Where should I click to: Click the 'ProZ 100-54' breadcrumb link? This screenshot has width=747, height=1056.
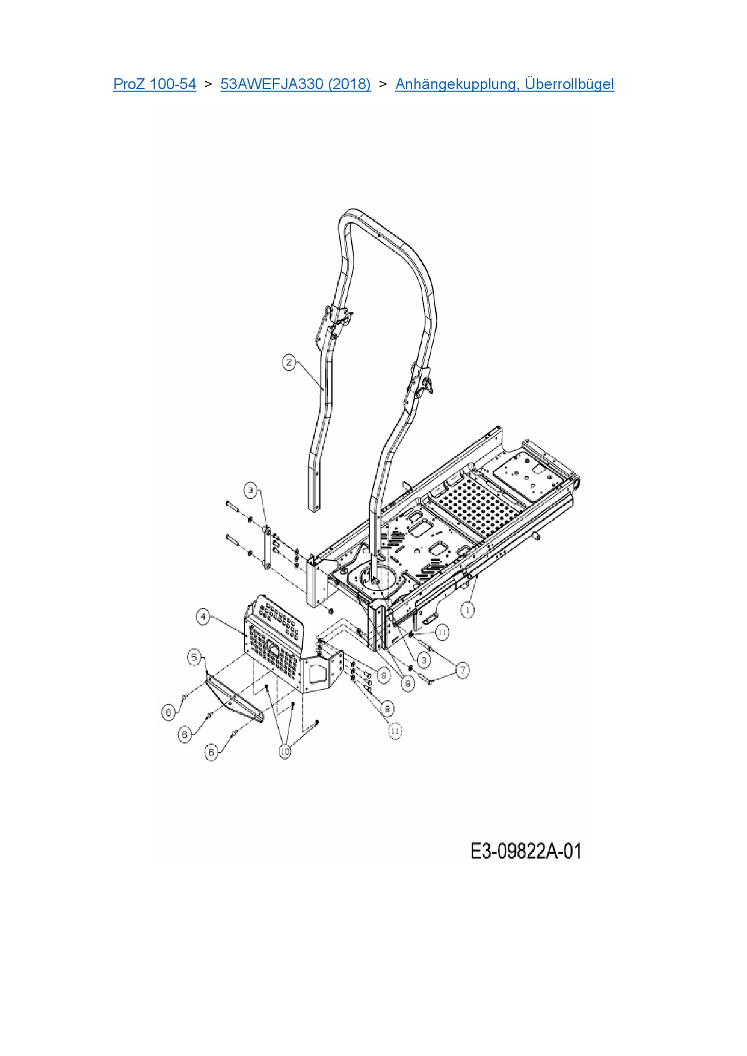pyautogui.click(x=154, y=84)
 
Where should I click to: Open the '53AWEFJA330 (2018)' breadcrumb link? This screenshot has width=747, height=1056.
pyautogui.click(x=295, y=84)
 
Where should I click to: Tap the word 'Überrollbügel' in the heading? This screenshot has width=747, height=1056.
pyautogui.click(x=569, y=84)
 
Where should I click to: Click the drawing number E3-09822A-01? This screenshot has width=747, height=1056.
pyautogui.click(x=525, y=851)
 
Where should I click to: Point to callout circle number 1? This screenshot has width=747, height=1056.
pyautogui.click(x=467, y=610)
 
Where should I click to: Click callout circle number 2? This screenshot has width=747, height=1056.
pyautogui.click(x=289, y=362)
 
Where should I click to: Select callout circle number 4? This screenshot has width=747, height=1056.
pyautogui.click(x=204, y=617)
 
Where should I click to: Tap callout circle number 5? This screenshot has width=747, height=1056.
pyautogui.click(x=194, y=657)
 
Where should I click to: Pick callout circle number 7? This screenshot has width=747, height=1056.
pyautogui.click(x=463, y=669)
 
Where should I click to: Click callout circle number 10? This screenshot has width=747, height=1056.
pyautogui.click(x=285, y=751)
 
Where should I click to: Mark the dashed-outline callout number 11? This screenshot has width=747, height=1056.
pyautogui.click(x=395, y=731)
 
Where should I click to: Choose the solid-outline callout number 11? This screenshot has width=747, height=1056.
pyautogui.click(x=442, y=632)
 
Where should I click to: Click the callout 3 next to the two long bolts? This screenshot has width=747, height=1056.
pyautogui.click(x=251, y=490)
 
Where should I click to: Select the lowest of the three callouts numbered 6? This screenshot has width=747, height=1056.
pyautogui.click(x=211, y=752)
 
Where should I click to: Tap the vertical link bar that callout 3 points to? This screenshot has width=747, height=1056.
pyautogui.click(x=266, y=548)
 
